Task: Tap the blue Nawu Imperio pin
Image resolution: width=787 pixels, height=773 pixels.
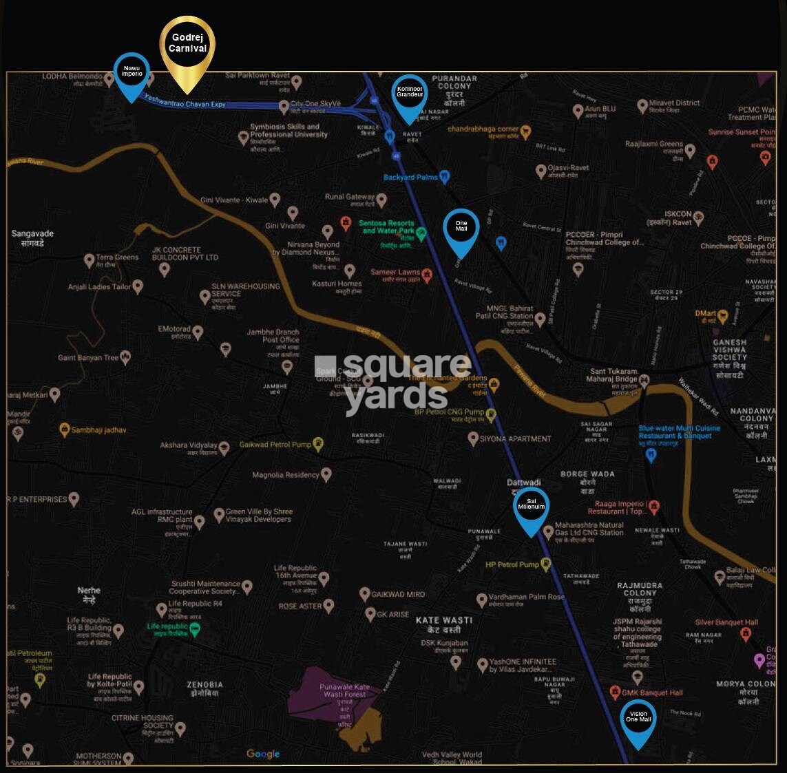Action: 132,72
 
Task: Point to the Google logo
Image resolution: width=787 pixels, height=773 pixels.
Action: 263,754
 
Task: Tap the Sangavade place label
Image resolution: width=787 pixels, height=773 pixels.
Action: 32,237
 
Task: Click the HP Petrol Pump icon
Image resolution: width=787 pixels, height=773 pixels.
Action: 546,564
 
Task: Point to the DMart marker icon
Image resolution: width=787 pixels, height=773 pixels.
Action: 722,317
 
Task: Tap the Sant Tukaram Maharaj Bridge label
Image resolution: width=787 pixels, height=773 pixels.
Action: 611,376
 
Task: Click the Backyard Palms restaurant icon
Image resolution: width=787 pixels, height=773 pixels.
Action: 445,177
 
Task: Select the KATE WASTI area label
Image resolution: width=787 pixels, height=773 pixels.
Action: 444,624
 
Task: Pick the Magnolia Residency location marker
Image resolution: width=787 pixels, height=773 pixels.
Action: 326,474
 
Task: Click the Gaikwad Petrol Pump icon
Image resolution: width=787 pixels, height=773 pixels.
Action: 317,444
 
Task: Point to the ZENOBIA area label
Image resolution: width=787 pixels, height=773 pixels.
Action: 204,688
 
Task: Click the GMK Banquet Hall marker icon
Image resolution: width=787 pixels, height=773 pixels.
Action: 616,692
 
